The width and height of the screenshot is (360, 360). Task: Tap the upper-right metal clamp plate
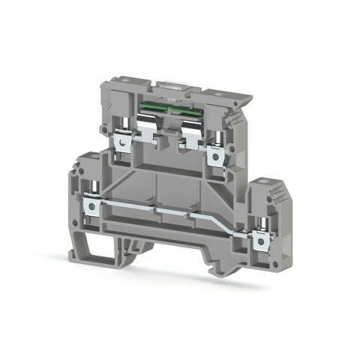click(x=218, y=154)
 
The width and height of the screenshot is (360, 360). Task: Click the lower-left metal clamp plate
click(x=92, y=202)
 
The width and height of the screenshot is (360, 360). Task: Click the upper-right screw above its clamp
click(x=217, y=136)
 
